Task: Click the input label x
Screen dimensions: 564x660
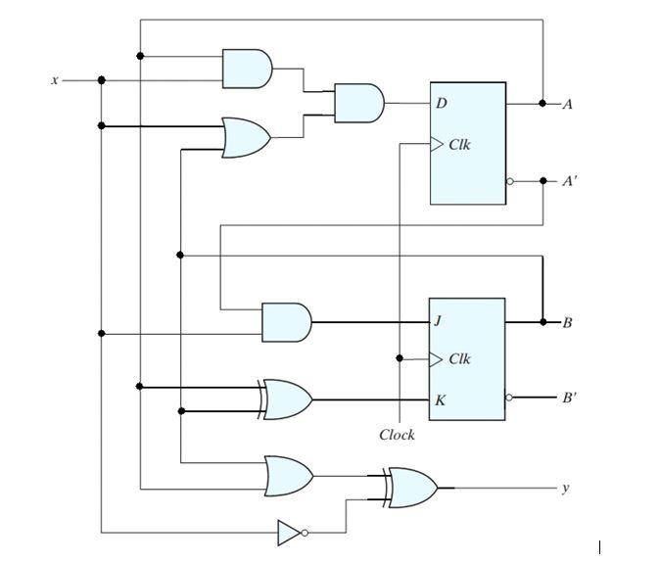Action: click(55, 80)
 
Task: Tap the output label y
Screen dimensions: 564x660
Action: click(564, 487)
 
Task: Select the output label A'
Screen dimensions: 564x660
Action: click(570, 181)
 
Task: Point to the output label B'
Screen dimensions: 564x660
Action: click(570, 399)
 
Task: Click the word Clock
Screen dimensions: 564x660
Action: click(397, 435)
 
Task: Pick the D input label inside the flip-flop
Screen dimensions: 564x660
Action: click(442, 103)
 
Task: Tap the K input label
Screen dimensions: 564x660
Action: click(441, 399)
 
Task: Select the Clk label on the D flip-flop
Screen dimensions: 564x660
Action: click(459, 145)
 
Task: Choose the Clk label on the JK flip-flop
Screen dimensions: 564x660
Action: click(459, 359)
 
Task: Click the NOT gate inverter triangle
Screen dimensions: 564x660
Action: click(289, 533)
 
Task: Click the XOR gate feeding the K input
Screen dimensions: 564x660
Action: click(287, 399)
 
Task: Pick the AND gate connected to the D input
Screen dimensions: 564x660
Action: click(358, 103)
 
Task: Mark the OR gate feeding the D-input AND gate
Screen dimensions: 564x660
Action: click(247, 138)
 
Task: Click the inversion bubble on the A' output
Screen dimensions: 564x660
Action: click(509, 182)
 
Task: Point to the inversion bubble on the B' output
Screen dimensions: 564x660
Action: click(509, 399)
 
